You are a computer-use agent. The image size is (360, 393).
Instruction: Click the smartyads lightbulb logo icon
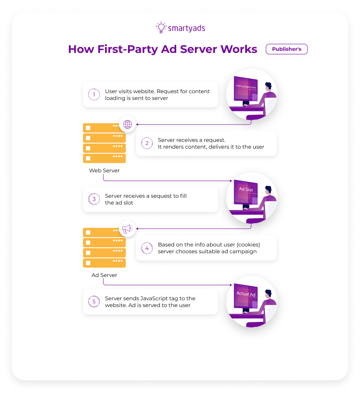coord(161,28)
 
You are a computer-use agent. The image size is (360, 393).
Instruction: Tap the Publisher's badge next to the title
coord(286,49)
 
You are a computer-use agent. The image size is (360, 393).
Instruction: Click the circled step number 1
coord(94,94)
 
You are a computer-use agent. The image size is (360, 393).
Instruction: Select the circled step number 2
coord(147,143)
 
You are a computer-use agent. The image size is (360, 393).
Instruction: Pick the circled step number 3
coord(94,199)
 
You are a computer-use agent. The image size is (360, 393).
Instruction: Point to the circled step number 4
coord(147,248)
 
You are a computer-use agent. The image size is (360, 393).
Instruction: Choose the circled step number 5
coord(94,302)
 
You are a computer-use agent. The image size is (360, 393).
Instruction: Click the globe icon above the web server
coord(127,124)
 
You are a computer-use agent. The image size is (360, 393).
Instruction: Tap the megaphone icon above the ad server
coord(127,229)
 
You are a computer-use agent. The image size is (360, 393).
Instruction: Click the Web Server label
coord(104,171)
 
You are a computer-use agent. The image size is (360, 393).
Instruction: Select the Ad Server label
coord(104,275)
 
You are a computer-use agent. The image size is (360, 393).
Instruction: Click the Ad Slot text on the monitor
coord(246,189)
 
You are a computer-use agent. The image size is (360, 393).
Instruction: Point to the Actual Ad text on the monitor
coord(246,294)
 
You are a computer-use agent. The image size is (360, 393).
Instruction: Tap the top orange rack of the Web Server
coord(104,127)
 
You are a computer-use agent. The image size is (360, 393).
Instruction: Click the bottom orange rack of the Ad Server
coord(104,263)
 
